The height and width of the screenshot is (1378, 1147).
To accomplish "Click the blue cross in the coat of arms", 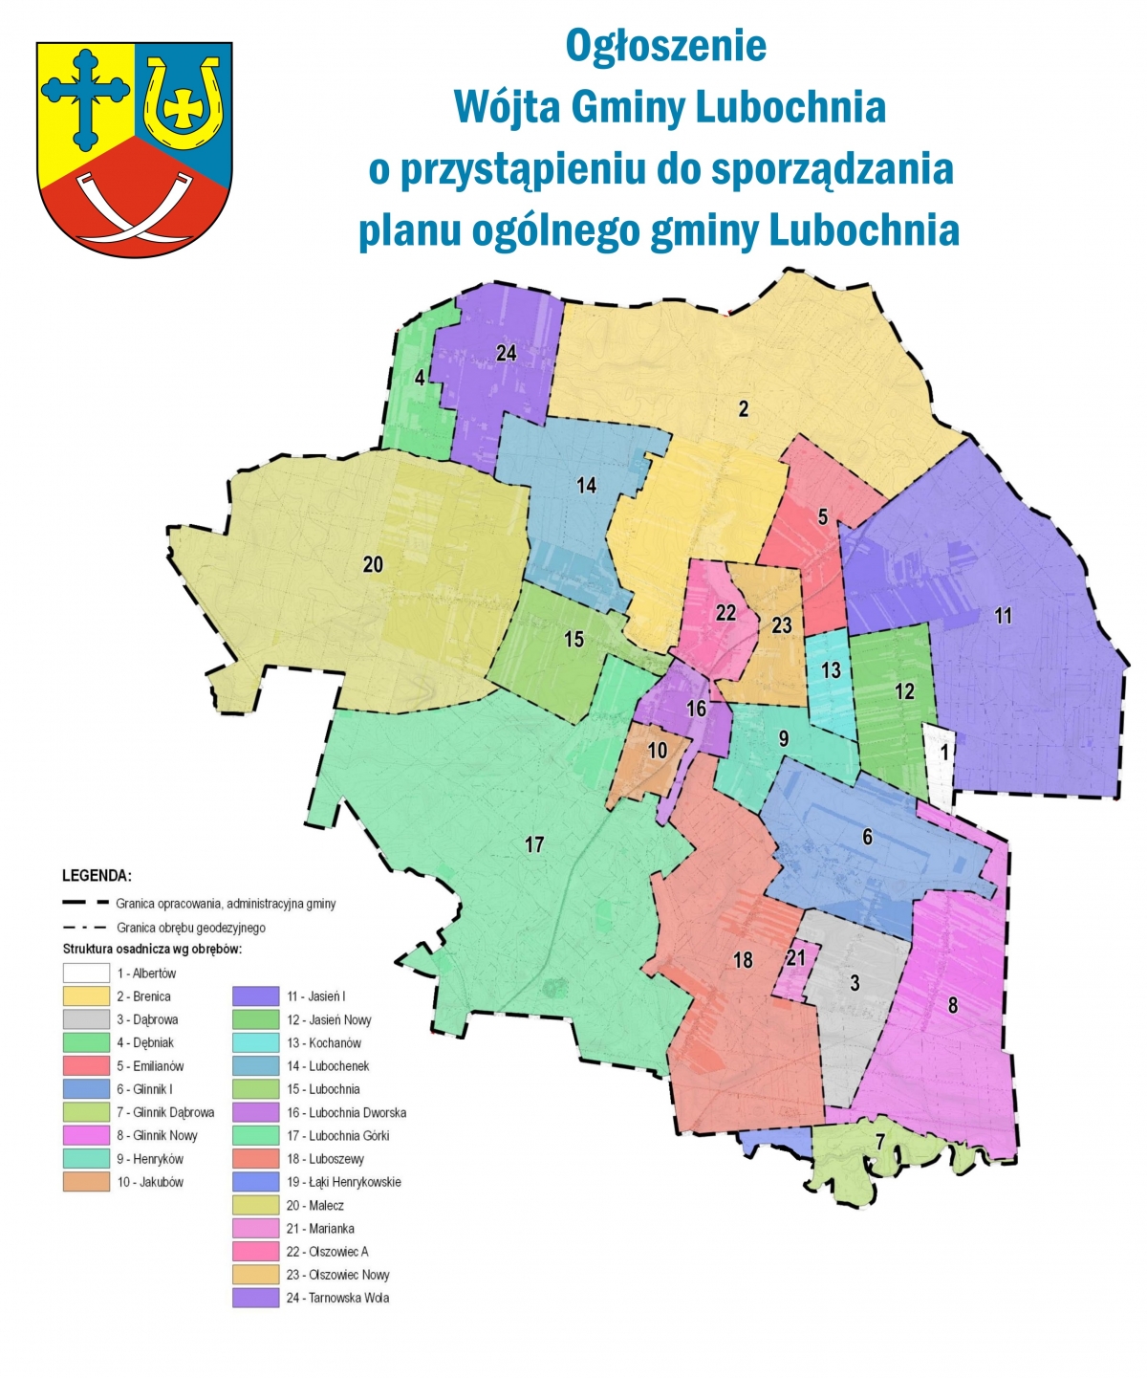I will coord(85,96).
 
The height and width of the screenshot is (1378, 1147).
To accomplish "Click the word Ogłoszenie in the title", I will coord(665,45).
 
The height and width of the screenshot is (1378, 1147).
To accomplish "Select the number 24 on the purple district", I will coord(506,353).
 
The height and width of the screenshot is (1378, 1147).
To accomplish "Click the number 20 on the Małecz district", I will coord(373,564).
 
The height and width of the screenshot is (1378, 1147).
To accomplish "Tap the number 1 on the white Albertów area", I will coord(944,752).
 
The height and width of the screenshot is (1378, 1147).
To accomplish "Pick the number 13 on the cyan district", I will coord(831,669).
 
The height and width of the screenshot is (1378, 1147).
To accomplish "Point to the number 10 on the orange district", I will coord(657,751).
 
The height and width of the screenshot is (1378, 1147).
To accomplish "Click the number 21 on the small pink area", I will coord(795,957).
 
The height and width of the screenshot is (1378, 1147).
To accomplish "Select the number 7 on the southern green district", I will coord(880,1141).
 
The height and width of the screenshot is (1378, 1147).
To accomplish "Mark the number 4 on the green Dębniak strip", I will coord(420,378).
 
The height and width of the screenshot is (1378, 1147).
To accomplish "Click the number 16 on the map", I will coord(697,709).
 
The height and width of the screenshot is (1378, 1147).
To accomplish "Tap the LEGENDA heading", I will coord(97,875).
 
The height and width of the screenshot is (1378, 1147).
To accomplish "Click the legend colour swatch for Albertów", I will coord(86,973).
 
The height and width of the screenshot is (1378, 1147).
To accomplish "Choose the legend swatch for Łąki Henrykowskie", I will coord(255,1182).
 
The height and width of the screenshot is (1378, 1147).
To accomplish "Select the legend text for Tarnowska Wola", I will coord(337,1298).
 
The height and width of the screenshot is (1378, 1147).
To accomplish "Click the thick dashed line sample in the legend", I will coord(85,903).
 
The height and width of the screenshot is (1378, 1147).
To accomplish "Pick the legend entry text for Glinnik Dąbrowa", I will coord(165,1112).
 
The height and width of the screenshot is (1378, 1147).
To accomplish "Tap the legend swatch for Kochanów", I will coord(255,1042).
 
